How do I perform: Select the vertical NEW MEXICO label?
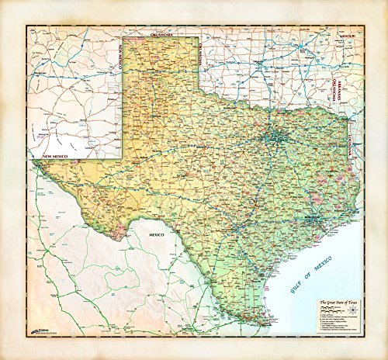(122, 57)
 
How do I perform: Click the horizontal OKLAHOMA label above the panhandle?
(161, 35)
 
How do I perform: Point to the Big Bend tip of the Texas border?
(119, 238)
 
